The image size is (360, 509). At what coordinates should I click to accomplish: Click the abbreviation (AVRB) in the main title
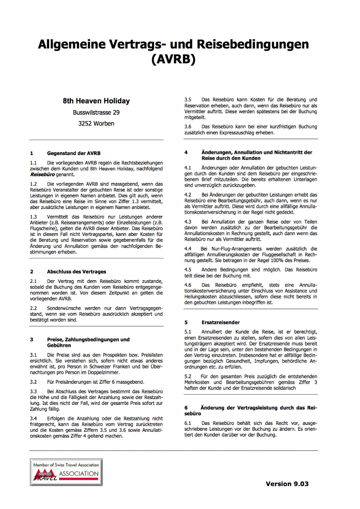pos(173,59)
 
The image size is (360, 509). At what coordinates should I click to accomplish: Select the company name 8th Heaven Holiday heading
pos(96,101)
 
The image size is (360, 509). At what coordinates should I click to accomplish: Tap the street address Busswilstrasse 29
pos(96,113)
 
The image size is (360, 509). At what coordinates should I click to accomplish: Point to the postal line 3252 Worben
pos(96,123)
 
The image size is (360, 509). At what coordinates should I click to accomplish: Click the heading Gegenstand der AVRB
pos(74,153)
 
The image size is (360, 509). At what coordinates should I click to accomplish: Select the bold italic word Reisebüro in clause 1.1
pos(42,175)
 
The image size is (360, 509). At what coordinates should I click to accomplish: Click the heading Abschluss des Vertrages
pos(77,272)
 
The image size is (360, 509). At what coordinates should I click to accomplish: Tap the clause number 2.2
pos(34,308)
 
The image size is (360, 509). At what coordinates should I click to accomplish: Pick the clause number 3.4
pos(34,419)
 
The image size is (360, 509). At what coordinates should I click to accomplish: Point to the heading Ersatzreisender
pos(220,323)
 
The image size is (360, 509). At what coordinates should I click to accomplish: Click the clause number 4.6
pos(188,285)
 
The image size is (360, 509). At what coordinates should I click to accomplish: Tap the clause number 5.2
pos(188,376)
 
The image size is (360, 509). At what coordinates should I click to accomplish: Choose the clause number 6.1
pos(188,423)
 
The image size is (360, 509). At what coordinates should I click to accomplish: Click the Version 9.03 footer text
pos(287,484)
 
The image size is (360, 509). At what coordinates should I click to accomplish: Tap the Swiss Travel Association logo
pos(66,472)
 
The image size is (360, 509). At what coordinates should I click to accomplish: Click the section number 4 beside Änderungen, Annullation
pos(186,153)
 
